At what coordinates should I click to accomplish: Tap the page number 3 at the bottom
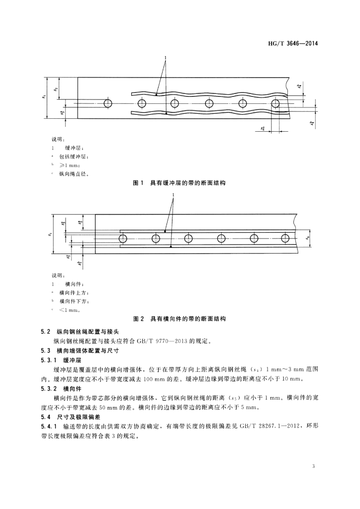[314, 466]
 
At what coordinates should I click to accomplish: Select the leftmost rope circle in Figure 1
[107, 103]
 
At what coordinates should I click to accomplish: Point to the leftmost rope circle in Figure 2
[123, 239]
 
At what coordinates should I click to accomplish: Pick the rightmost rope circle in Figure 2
[285, 239]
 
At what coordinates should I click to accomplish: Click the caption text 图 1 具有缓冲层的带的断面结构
[180, 183]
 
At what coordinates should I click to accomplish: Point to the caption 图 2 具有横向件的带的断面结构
[180, 318]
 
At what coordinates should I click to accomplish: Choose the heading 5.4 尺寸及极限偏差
[74, 417]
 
